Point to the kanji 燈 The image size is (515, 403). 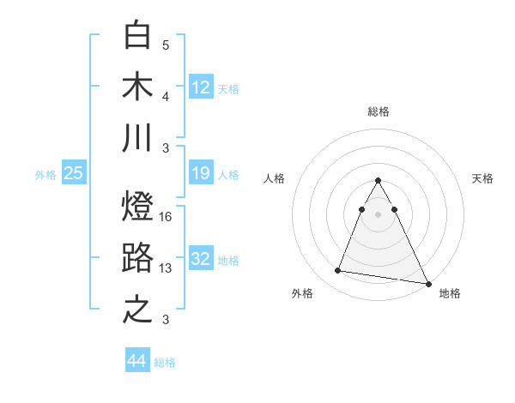[137, 207]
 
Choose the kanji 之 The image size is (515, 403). [137, 310]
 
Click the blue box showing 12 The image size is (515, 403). [201, 87]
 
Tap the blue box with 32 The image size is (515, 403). [201, 259]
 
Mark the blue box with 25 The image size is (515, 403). [74, 173]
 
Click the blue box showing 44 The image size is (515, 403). [136, 361]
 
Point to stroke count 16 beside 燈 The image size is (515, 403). [167, 217]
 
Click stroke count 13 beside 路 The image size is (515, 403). [167, 268]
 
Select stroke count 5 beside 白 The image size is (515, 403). [166, 45]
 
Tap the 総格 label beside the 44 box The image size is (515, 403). [165, 363]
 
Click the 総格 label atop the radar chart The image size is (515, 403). [378, 111]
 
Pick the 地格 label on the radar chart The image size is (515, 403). [450, 294]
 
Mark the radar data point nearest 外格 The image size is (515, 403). [338, 271]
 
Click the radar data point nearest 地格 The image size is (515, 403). [428, 285]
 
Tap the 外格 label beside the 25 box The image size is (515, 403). [45, 175]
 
